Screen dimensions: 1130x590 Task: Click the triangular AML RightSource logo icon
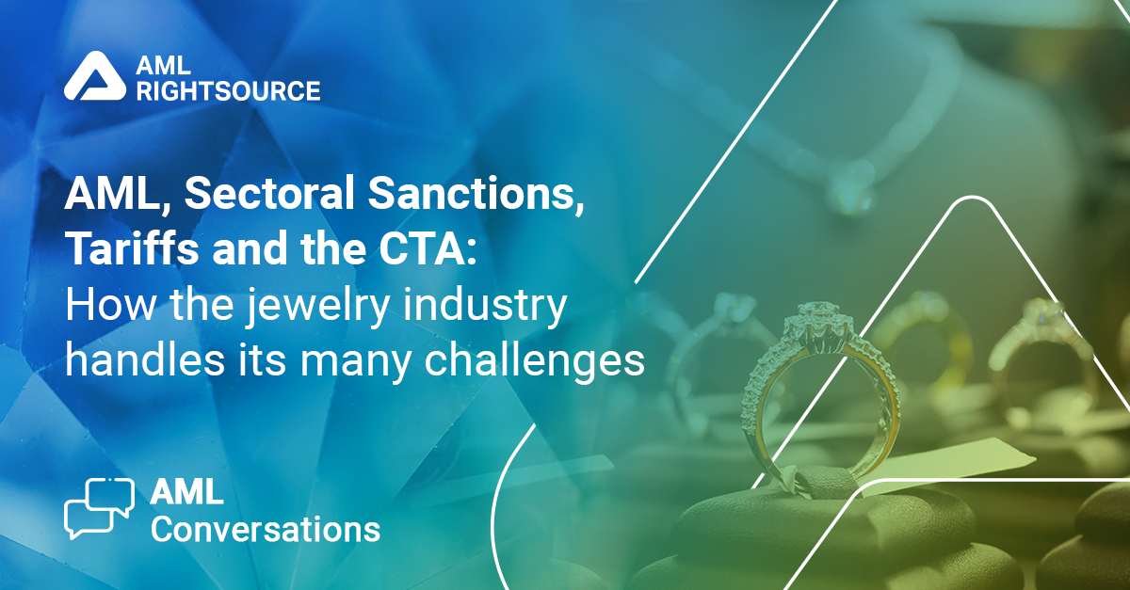click(x=95, y=75)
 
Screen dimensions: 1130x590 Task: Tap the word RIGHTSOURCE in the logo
click(x=229, y=90)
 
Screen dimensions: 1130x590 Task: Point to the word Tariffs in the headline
click(x=132, y=248)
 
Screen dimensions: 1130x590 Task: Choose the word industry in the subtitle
click(x=484, y=307)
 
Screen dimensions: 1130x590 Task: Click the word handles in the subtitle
click(x=145, y=359)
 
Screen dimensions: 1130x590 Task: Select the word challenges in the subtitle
click(x=535, y=361)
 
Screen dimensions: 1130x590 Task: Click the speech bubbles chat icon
click(x=100, y=508)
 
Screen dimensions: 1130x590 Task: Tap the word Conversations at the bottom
click(x=266, y=530)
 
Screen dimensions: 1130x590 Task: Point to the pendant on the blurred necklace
click(x=852, y=193)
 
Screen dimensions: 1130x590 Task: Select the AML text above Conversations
click(x=186, y=491)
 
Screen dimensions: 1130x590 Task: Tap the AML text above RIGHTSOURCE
click(x=163, y=65)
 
